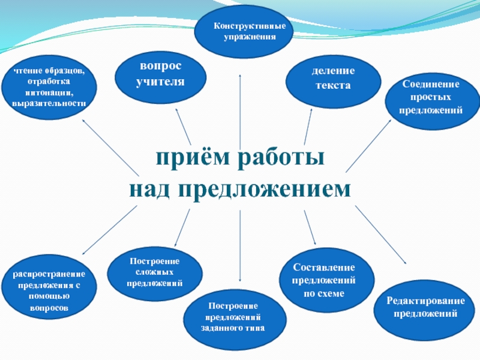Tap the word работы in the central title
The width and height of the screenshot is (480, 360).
[x=282, y=159]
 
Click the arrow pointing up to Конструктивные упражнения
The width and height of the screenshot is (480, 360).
[x=241, y=108]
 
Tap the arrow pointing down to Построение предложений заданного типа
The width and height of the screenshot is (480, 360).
[x=240, y=246]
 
